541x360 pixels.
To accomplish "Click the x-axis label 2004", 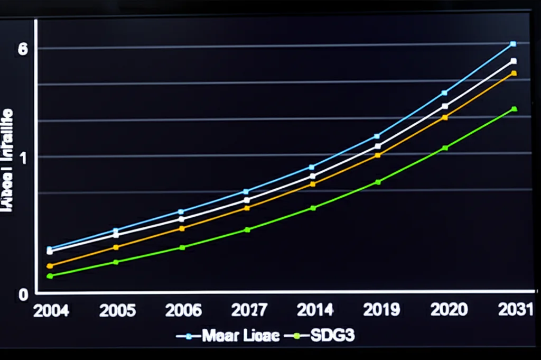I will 51,310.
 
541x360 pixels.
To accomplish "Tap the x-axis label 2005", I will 117,310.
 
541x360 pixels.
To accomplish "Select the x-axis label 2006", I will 183,310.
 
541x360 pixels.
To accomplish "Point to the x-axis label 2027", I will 249,310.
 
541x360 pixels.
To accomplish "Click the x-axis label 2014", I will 315,310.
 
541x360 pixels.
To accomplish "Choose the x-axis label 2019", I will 381,310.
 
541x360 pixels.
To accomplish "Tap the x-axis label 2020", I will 449,310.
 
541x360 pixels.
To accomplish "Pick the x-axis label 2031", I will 514,310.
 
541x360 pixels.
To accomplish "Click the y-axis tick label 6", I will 22,49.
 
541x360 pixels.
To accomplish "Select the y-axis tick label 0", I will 22,294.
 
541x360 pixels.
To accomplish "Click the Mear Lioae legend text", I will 240,336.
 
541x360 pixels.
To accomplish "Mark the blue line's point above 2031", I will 513,44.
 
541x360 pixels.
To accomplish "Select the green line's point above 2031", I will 514,109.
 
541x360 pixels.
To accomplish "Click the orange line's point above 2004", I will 50,266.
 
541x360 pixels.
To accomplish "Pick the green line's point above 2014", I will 313,208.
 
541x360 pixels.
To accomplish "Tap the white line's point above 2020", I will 445,106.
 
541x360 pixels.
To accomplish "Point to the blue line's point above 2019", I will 377,136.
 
